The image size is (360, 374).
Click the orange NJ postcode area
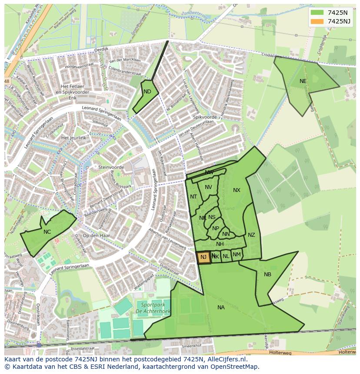[203, 258]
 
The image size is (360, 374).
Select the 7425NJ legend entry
[330, 21]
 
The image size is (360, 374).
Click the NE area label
[303, 81]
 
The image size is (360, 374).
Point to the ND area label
[147, 92]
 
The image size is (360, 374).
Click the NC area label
[47, 232]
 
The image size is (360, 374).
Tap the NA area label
[221, 308]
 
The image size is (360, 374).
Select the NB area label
[267, 275]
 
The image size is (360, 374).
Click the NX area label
[237, 190]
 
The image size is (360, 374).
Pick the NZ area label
[251, 235]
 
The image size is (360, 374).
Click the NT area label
[193, 197]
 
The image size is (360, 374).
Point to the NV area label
[208, 187]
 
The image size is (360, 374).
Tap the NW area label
[209, 172]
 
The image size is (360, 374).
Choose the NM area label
[237, 255]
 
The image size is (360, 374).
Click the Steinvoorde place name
[111, 167]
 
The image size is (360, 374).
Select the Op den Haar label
[96, 235]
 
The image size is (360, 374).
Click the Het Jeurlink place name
[74, 138]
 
